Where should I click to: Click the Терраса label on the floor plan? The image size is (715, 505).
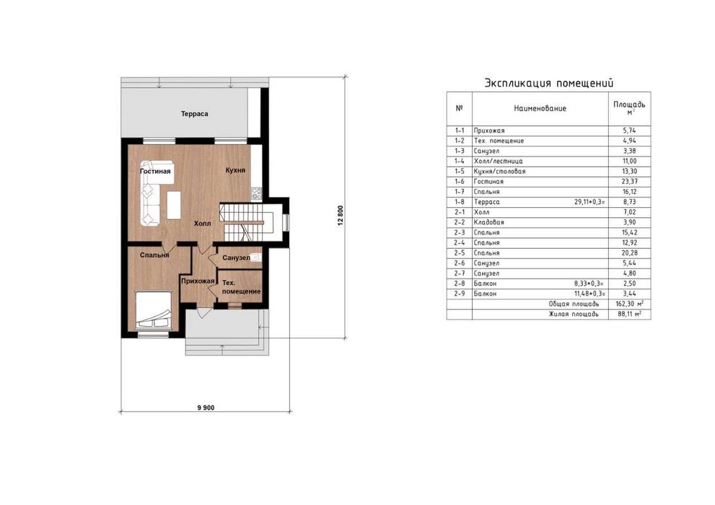click(194, 114)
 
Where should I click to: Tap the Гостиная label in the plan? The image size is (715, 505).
click(155, 172)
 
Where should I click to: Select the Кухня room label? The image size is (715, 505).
click(235, 170)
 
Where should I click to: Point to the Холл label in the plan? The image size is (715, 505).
click(203, 224)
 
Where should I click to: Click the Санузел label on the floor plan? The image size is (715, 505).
click(236, 258)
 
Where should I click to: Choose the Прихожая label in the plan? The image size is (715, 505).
click(198, 281)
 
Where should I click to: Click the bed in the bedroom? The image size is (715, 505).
click(154, 310)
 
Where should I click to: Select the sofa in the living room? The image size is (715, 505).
click(151, 193)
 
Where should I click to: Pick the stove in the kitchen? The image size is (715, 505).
click(256, 194)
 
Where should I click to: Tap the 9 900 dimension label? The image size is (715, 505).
click(206, 408)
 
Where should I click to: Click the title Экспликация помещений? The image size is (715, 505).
click(549, 84)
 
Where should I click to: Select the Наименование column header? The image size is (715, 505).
click(540, 108)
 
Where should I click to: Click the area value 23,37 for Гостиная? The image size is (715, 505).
click(630, 181)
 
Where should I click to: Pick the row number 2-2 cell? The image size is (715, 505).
click(459, 222)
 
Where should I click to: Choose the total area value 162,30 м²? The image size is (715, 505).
click(630, 304)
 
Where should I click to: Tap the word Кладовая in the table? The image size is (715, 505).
click(489, 222)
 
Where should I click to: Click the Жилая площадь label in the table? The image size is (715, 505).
click(574, 314)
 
